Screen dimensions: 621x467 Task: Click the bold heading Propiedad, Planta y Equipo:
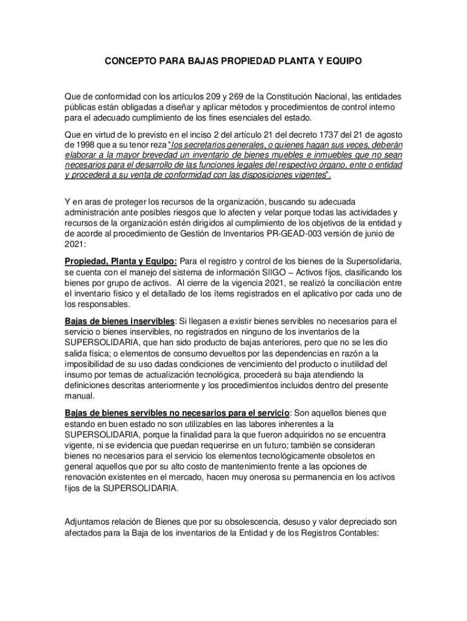tap(121, 261)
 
